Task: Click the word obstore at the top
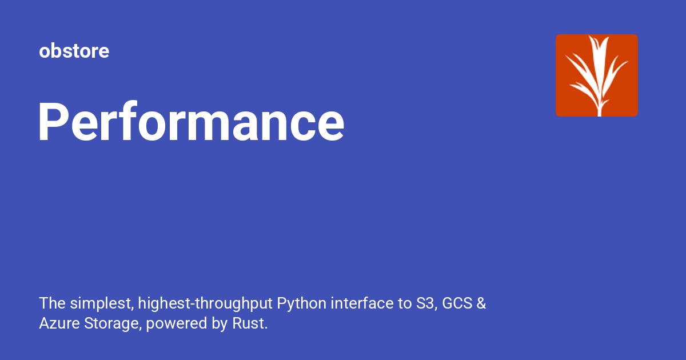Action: click(x=74, y=51)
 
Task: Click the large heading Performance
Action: click(x=191, y=122)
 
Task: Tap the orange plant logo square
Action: click(x=596, y=75)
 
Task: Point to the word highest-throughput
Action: click(x=205, y=303)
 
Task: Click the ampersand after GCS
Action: click(x=481, y=303)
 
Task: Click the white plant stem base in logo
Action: click(x=599, y=111)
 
